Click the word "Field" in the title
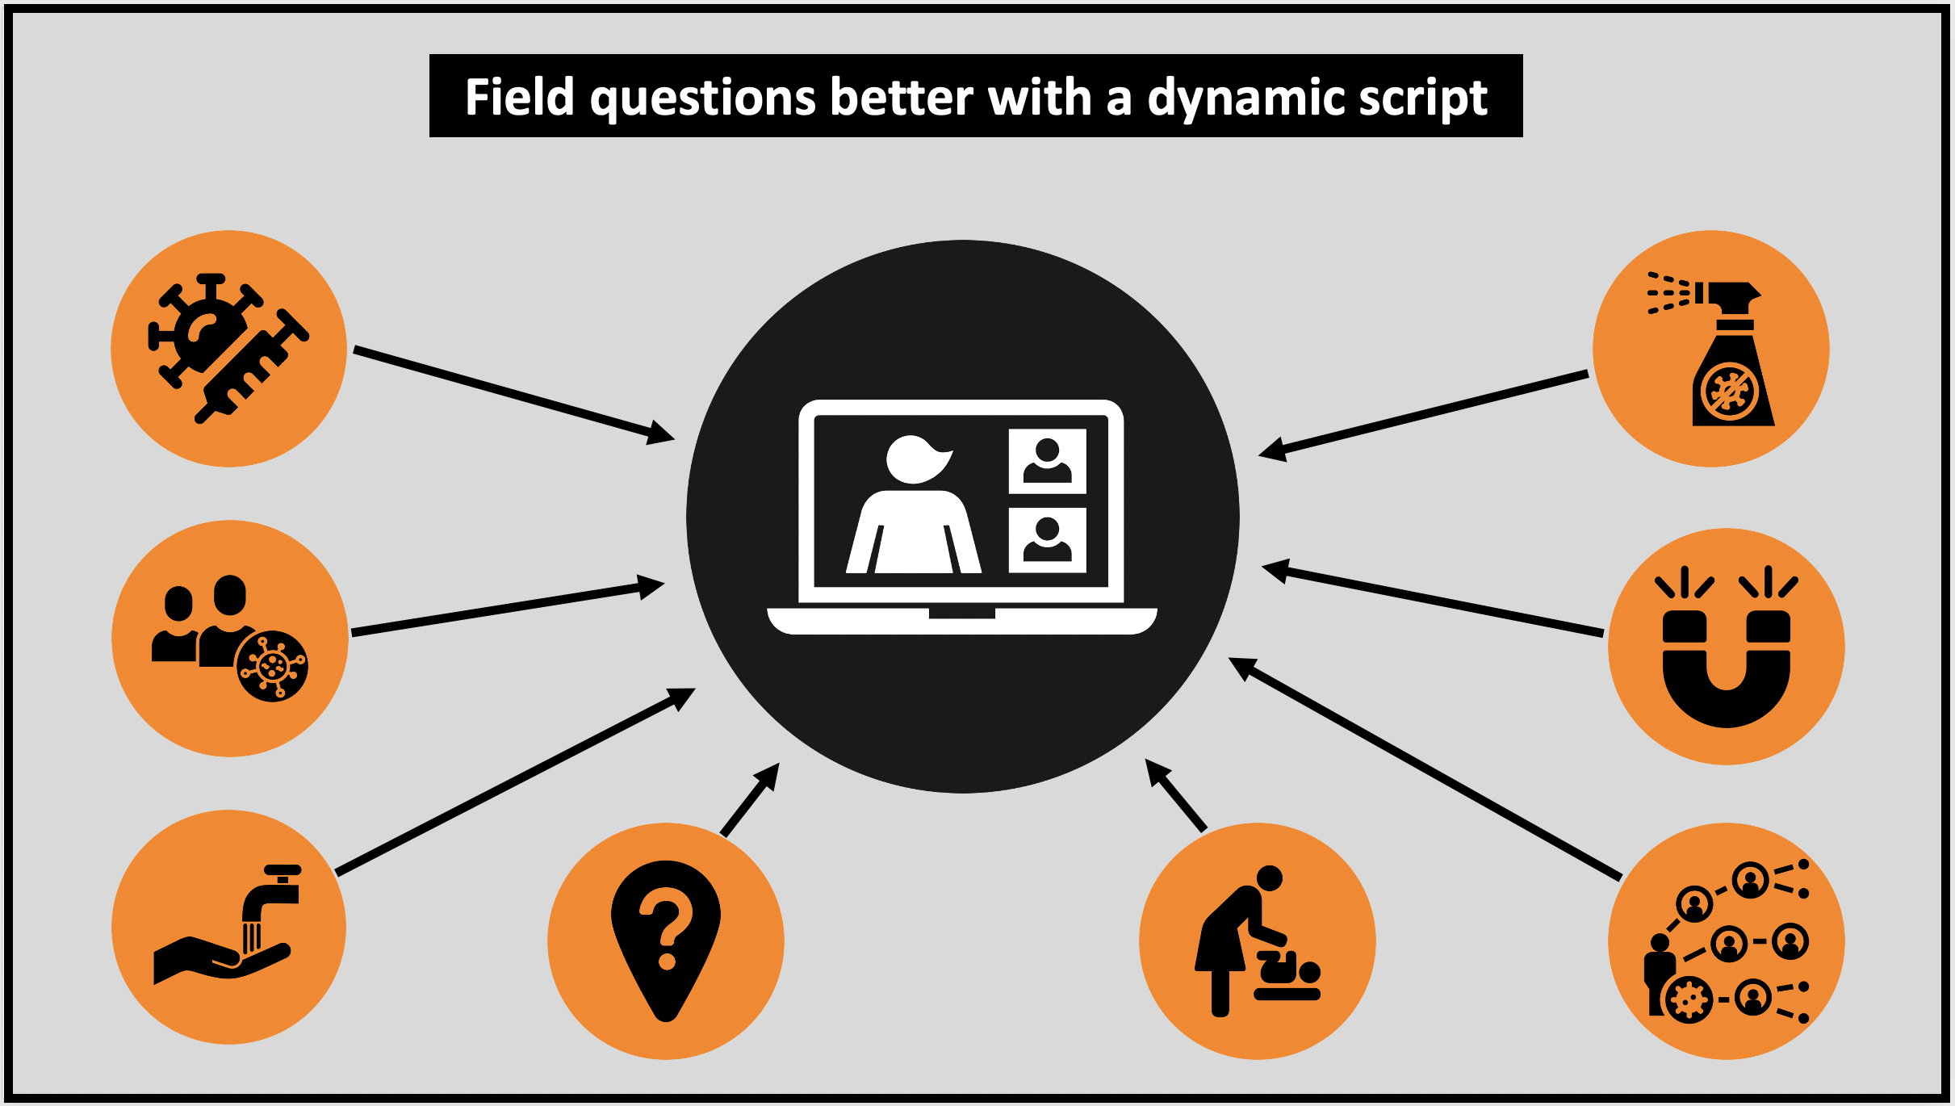[x=520, y=97]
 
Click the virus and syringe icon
[x=228, y=348]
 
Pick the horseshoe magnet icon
[x=1727, y=646]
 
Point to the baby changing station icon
[x=1257, y=941]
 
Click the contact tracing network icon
[x=1726, y=941]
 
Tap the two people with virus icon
[x=230, y=638]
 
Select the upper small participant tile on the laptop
[x=1048, y=461]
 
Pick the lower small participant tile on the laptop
[x=1048, y=540]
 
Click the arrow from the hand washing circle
[x=515, y=781]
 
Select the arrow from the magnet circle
[x=1433, y=599]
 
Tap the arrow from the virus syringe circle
[x=514, y=395]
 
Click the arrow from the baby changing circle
[x=1175, y=794]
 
